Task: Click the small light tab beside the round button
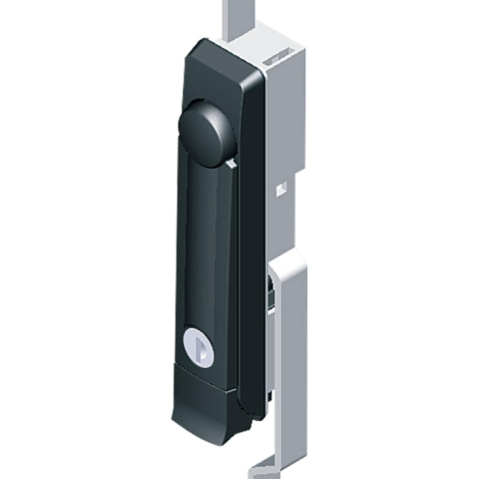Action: pos(232,163)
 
